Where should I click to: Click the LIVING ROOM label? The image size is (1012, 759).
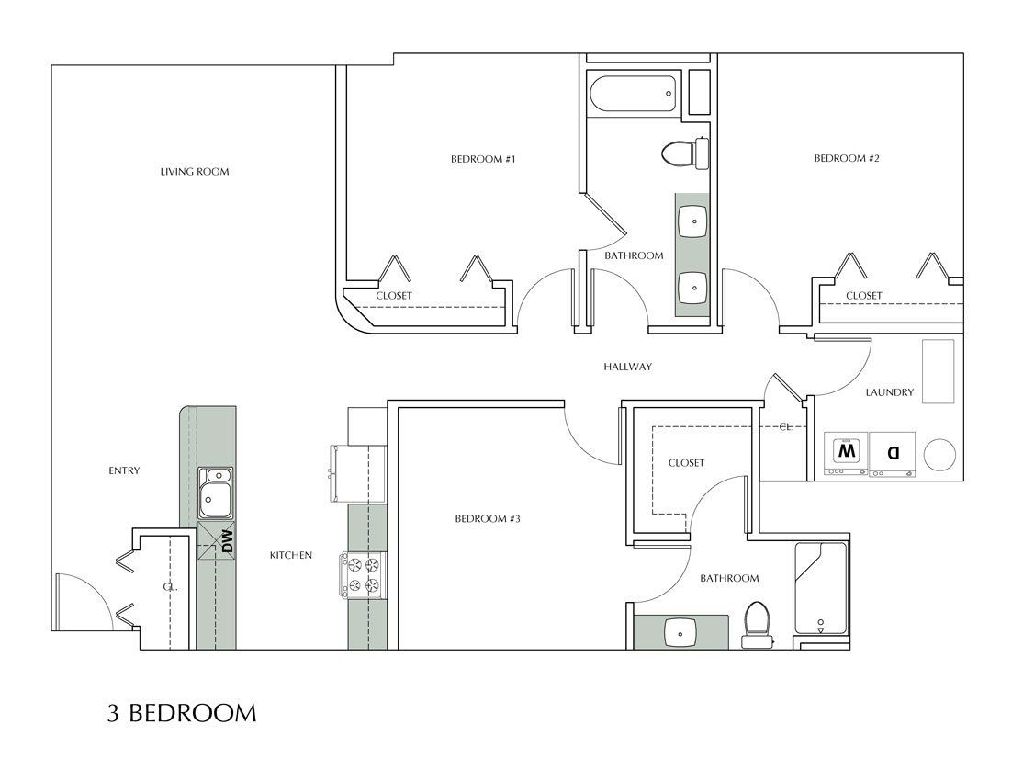[x=194, y=172]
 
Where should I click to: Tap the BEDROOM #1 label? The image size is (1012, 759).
[x=483, y=159]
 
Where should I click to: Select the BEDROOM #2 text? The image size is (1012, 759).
[x=847, y=159]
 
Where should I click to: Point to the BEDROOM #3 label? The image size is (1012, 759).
[x=488, y=519]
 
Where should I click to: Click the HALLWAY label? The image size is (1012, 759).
[x=627, y=367]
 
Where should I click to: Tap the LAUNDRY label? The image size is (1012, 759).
[x=889, y=392]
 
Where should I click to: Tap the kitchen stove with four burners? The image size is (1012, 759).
[x=365, y=574]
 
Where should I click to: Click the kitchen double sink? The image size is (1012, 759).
[x=217, y=493]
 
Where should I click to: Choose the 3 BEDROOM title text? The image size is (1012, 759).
[x=179, y=713]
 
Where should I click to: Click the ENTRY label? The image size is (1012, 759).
[x=124, y=471]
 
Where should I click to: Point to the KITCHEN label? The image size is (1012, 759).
[x=291, y=555]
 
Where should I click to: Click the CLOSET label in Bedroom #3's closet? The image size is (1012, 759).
[x=686, y=463]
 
